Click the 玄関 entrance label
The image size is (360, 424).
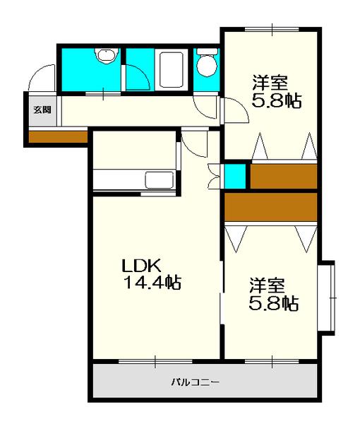pyautogui.click(x=42, y=110)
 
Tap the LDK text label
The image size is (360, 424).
pyautogui.click(x=141, y=266)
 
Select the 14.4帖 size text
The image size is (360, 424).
pyautogui.click(x=152, y=283)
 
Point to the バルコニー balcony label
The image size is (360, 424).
pyautogui.click(x=196, y=382)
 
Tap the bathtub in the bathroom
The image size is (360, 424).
pyautogui.click(x=172, y=69)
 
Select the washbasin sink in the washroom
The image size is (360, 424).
pyautogui.click(x=107, y=56)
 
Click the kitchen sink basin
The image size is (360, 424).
pyautogui.click(x=160, y=179)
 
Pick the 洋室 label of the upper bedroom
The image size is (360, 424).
pyautogui.click(x=270, y=83)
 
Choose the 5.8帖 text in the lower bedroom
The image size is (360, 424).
pyautogui.click(x=274, y=303)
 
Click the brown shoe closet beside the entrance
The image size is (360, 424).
pyautogui.click(x=59, y=137)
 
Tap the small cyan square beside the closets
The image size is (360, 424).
pyautogui.click(x=235, y=176)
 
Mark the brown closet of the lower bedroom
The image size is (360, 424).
pyautogui.click(x=271, y=207)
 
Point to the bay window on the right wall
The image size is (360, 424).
pyautogui.click(x=327, y=298)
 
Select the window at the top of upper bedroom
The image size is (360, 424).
pyautogui.click(x=272, y=29)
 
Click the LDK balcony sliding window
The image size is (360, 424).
pyautogui.click(x=155, y=361)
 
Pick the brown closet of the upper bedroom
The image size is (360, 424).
pyautogui.click(x=284, y=176)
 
